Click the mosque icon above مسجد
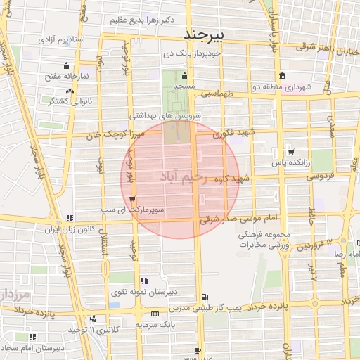point(184,76)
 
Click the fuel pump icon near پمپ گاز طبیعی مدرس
point(205,297)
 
